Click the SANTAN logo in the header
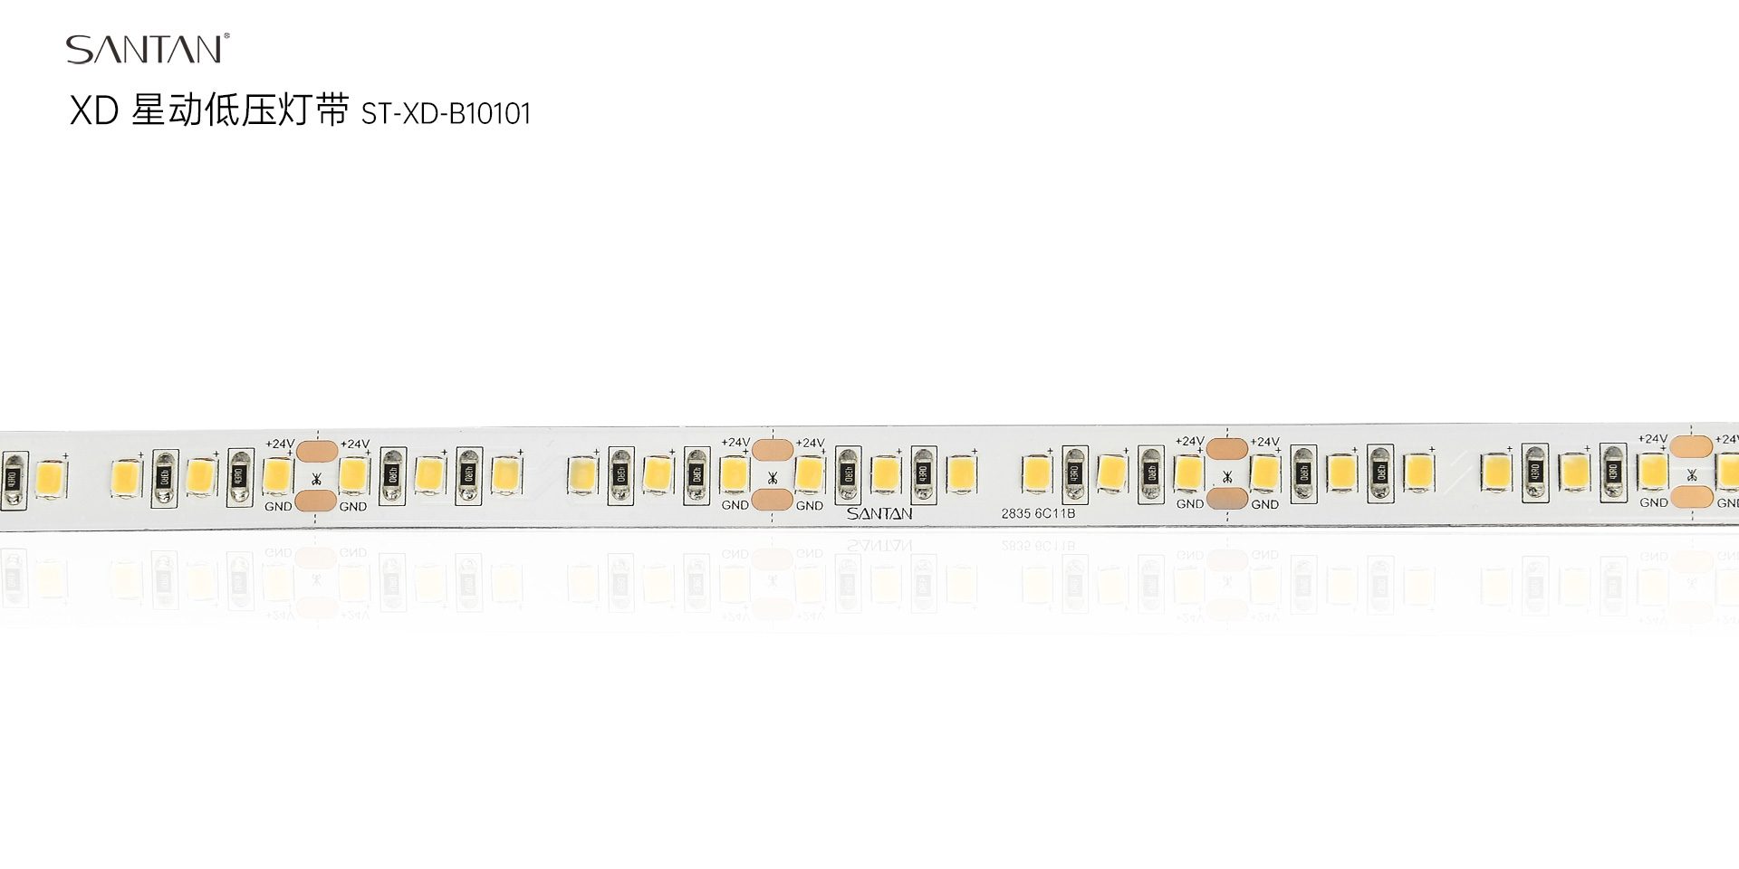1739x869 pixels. coord(143,50)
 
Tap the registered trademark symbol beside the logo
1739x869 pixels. coord(226,36)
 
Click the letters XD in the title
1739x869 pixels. coord(94,111)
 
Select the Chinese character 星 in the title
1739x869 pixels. coord(149,110)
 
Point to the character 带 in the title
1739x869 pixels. coord(332,110)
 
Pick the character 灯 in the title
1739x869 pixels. coord(295,110)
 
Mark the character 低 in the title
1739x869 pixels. coord(223,110)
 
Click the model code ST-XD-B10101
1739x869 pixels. coord(446,114)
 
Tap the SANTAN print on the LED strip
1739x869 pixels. coord(879,514)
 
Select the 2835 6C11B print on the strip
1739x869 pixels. coord(1038,513)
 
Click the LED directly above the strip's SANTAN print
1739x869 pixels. coord(885,473)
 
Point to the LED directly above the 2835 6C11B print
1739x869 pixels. coord(1036,473)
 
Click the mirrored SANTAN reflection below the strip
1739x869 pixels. coord(879,546)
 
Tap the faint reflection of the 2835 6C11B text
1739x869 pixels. coord(1038,546)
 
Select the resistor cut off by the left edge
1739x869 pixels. coord(14,480)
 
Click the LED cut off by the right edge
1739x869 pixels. coord(1729,471)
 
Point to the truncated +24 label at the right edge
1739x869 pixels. coord(1726,439)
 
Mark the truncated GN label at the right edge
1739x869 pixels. coord(1727,503)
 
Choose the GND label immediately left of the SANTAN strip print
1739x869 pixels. coord(809,506)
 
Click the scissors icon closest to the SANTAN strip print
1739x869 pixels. coord(773,477)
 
